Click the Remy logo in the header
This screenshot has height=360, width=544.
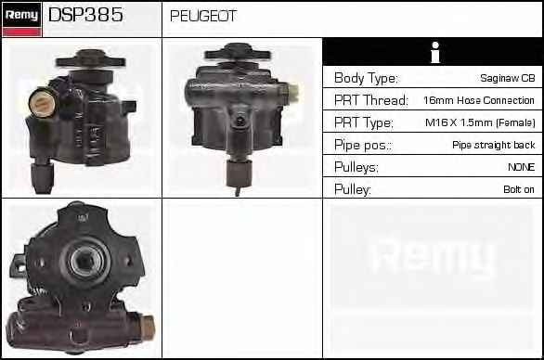point(22,19)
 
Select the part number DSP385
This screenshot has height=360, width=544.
point(85,15)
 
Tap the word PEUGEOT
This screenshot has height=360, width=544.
point(203,16)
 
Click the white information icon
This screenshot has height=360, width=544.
point(435,52)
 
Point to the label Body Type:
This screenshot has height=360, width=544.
point(366,78)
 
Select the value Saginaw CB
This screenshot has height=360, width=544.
point(508,78)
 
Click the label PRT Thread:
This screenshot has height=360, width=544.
point(371,100)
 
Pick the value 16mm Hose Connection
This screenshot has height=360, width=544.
point(479,100)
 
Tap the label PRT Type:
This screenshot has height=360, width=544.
point(364,122)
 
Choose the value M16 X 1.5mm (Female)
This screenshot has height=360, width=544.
point(480,122)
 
